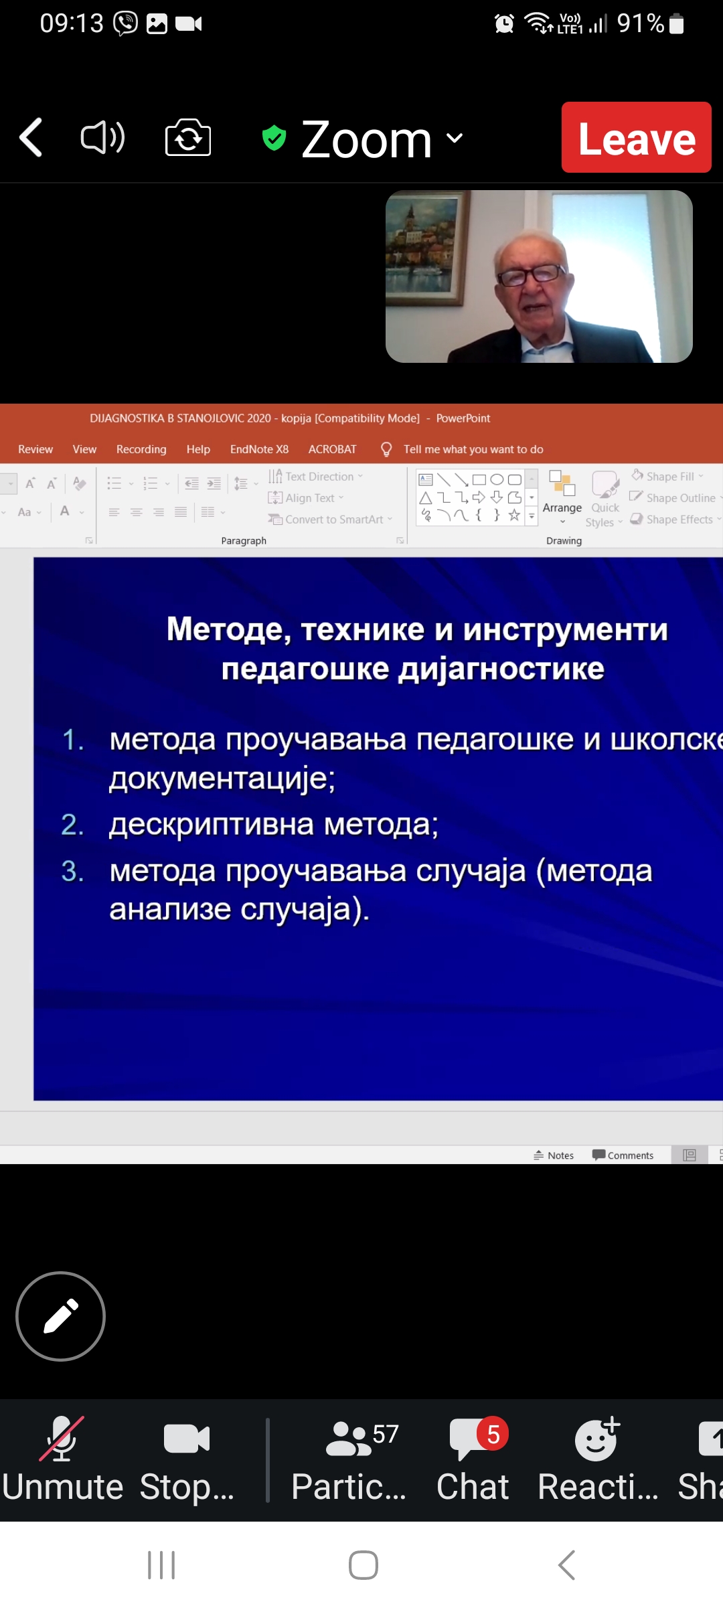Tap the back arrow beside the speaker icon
tap(31, 137)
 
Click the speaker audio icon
tap(102, 138)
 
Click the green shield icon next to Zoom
tap(274, 138)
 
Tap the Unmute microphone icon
tap(62, 1438)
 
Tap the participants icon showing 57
tap(349, 1439)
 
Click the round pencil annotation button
tap(60, 1316)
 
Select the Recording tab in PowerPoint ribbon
tap(141, 449)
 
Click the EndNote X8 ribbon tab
tap(259, 449)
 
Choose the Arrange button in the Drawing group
tap(562, 499)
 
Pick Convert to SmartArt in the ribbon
tap(330, 519)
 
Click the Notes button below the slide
tap(554, 1155)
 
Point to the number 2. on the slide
tap(72, 824)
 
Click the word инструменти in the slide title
tap(566, 630)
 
